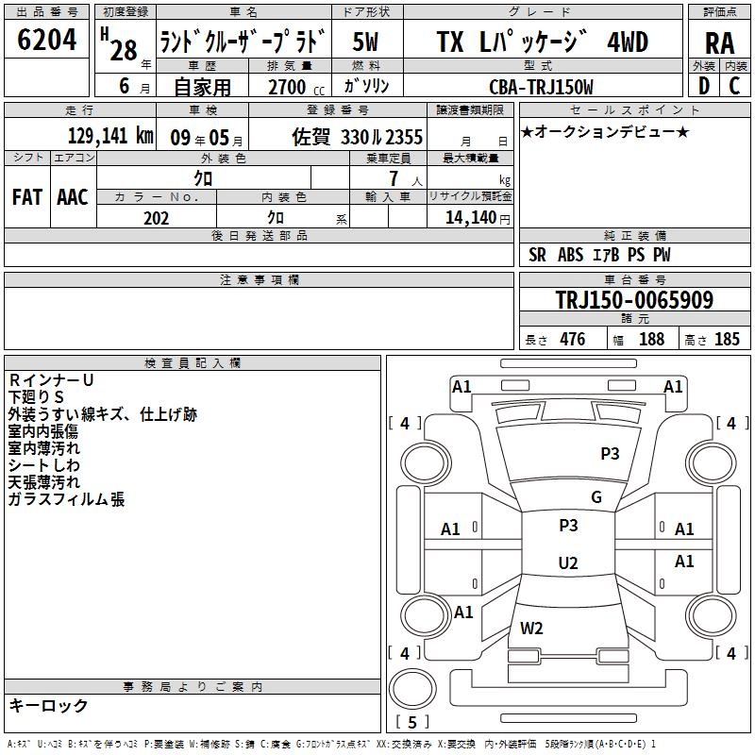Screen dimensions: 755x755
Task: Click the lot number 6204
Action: [46, 40]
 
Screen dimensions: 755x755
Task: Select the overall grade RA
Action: [719, 43]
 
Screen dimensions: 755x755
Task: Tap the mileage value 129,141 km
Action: [110, 136]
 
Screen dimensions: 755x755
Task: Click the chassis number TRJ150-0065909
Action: [634, 299]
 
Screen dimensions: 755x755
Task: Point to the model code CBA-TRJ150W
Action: [541, 87]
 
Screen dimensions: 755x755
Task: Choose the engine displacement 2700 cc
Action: [296, 87]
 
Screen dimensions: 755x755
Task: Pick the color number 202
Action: [156, 218]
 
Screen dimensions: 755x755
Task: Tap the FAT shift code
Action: [27, 197]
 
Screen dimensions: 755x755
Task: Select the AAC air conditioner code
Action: [73, 197]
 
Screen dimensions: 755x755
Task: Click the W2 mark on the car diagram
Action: [531, 629]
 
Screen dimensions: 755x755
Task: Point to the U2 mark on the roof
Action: [568, 562]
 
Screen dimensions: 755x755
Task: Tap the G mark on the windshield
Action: [596, 497]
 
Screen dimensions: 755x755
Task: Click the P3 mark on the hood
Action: [610, 453]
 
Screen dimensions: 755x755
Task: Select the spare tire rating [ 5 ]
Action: [412, 722]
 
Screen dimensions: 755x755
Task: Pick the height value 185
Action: [727, 340]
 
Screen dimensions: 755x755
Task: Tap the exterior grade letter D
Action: [704, 86]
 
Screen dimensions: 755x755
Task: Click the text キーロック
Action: [48, 705]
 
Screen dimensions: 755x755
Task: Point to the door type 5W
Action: [365, 42]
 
